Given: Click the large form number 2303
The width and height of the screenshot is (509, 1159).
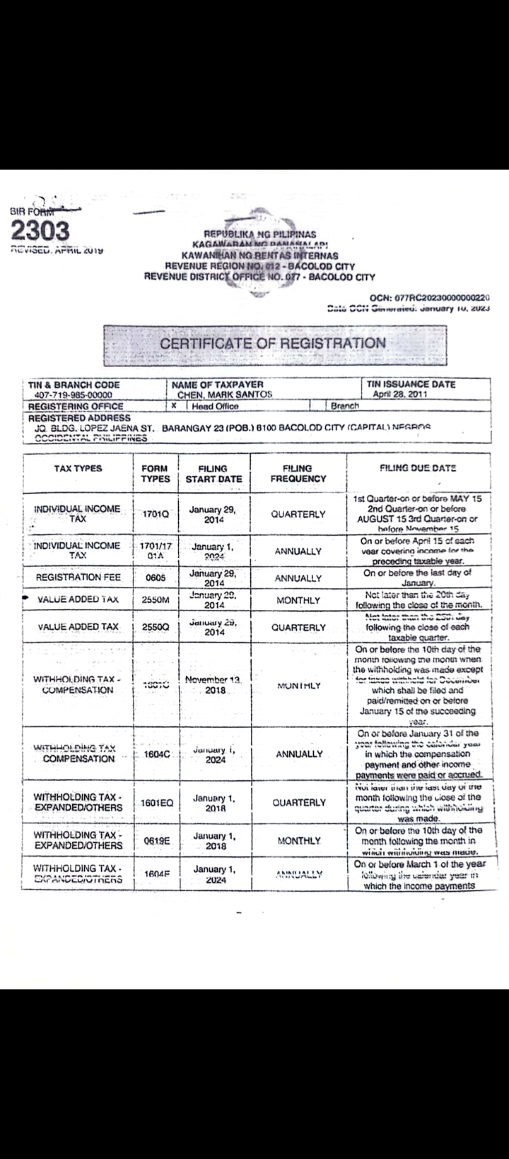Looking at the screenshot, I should (40, 230).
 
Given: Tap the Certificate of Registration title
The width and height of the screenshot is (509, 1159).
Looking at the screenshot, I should (273, 343).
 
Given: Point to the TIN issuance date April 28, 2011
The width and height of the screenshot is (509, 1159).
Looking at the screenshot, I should (400, 395).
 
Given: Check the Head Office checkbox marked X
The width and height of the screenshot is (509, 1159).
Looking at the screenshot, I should (174, 406).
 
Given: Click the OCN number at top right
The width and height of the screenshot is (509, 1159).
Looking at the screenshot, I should (431, 298).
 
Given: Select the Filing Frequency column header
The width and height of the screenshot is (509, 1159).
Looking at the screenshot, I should (298, 473).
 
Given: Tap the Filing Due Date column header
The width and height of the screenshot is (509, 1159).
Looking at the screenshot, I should (418, 468).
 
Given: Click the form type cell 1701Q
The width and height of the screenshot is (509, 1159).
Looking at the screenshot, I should (156, 514).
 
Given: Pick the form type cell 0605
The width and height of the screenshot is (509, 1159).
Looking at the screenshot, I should (155, 578).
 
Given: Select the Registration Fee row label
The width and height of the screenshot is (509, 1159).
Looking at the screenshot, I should (78, 577).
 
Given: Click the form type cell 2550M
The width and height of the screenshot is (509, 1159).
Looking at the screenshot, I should (156, 600).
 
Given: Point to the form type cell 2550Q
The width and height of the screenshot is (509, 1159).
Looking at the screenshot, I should (156, 627).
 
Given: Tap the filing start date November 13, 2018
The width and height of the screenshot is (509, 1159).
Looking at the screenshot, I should (213, 685).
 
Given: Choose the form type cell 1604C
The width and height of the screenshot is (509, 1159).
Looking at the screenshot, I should (156, 754).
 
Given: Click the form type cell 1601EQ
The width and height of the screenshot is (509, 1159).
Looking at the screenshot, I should (157, 803).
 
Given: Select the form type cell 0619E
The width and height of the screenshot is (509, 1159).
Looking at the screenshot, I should (156, 841).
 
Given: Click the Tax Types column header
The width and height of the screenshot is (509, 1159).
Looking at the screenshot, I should (78, 469).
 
